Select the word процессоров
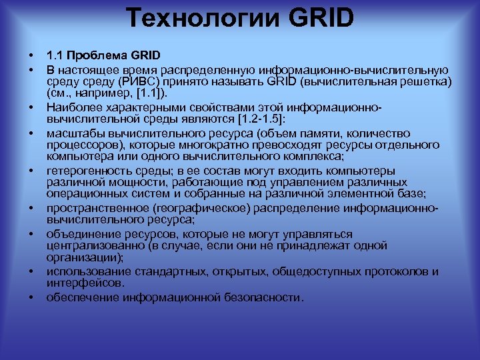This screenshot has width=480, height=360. (81, 143)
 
